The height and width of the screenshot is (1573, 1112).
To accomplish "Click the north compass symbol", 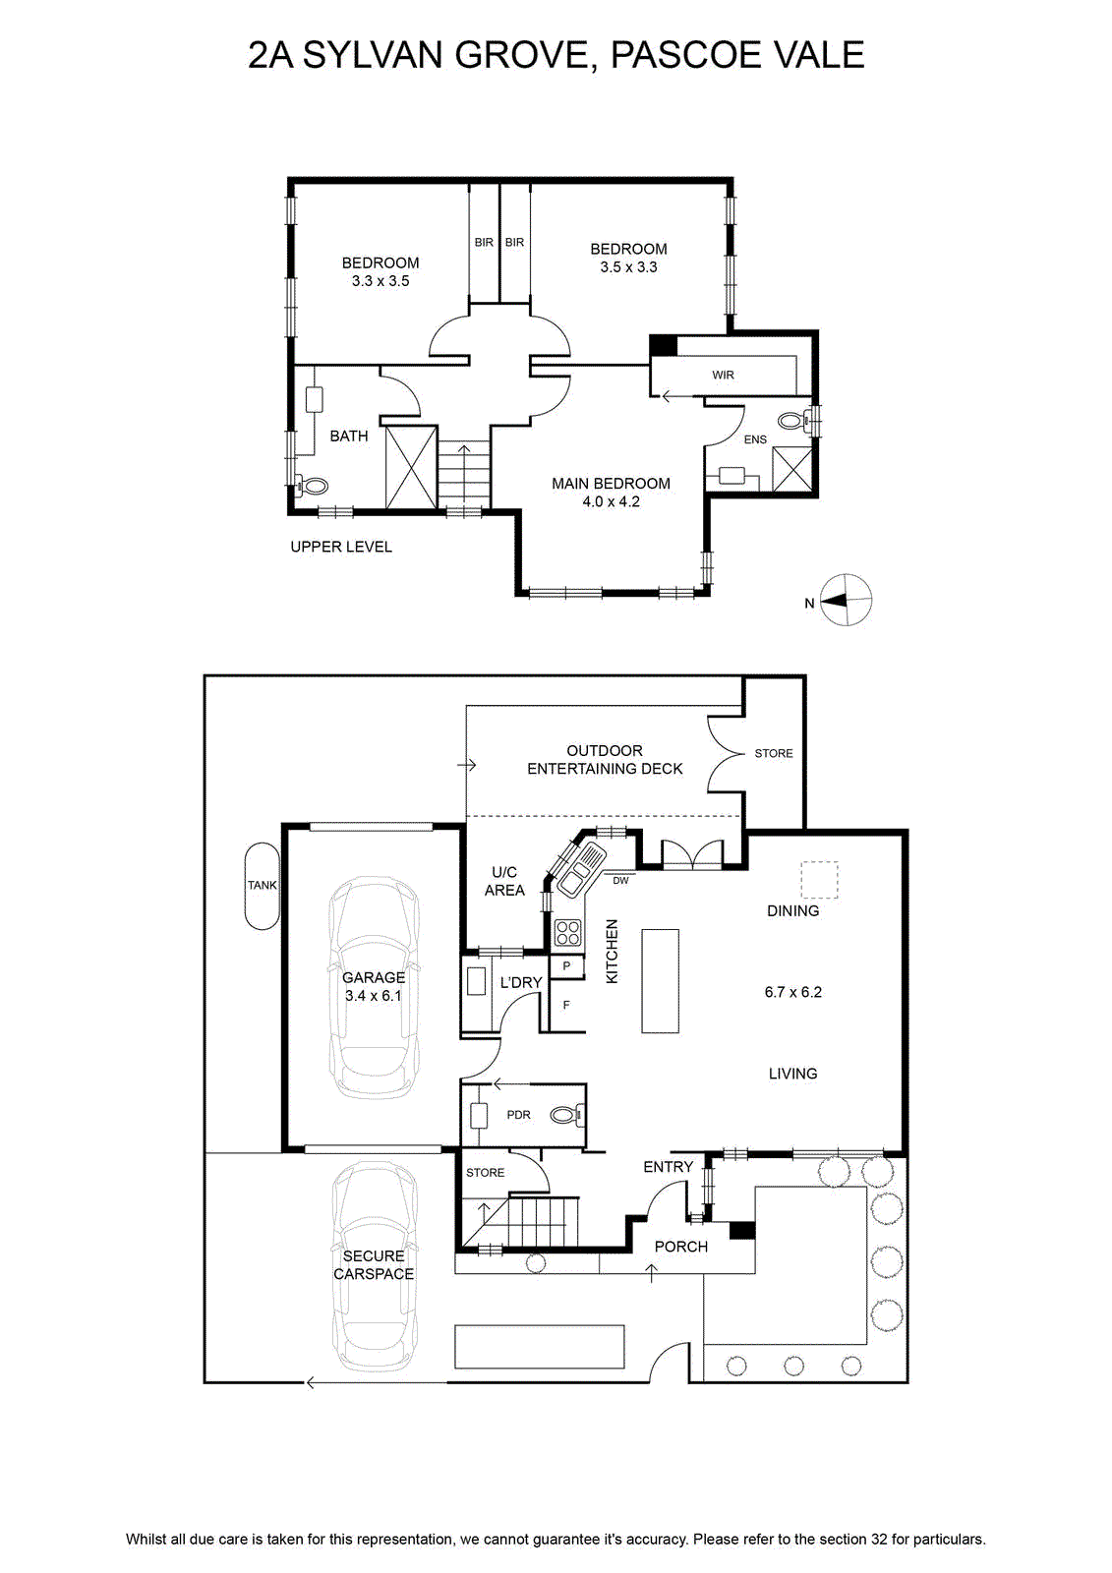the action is point(846,601).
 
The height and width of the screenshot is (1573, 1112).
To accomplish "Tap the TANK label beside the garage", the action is point(262,886).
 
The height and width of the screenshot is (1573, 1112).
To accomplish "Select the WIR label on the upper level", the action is point(723,375).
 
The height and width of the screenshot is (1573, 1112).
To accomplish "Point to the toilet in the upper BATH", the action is point(313,485).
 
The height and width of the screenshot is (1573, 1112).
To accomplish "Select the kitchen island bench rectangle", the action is point(661,981).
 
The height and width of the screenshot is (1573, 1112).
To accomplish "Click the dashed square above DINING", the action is point(820,880).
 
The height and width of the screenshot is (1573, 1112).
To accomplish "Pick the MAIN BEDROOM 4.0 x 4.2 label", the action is point(611,493).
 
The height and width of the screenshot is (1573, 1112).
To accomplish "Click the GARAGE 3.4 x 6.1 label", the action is point(373,986).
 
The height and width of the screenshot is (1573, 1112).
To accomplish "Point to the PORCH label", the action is point(680,1247).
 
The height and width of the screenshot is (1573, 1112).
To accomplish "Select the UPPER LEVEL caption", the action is point(341,547).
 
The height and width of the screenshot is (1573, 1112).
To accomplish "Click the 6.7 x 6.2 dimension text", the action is point(793,992).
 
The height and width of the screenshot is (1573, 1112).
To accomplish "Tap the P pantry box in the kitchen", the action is point(566,966).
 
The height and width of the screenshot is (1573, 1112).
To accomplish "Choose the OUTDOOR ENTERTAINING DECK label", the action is point(604,760).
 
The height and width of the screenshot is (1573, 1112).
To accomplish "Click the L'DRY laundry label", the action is point(520,982).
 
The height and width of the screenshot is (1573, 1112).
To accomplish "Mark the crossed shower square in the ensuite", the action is point(791,469).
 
